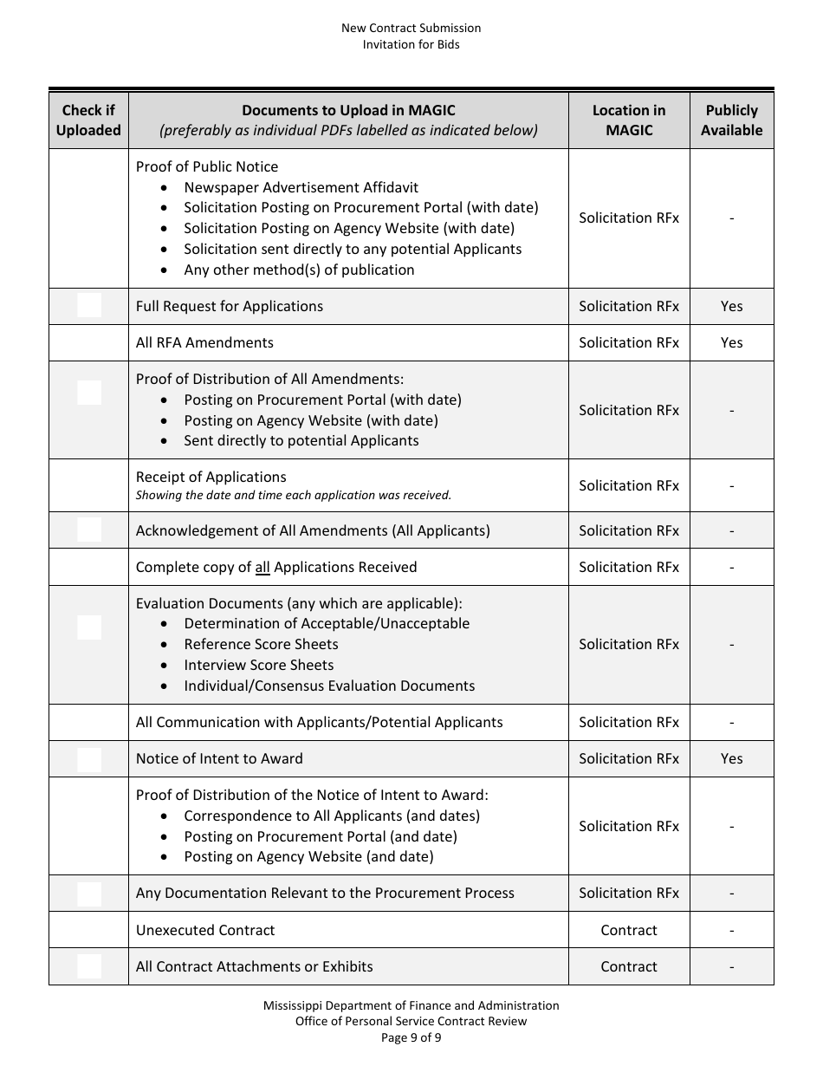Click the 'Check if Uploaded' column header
pos(88,120)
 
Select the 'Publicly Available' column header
pos(731,120)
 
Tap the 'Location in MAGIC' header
pos(629,120)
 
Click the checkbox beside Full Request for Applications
pos(89,306)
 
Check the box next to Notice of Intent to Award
pos(89,759)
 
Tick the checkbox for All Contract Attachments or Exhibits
pos(89,966)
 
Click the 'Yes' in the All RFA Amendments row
pos(731,342)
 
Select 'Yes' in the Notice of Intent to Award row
pos(731,758)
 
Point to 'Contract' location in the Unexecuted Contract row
pos(629,930)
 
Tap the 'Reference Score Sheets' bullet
pos(261,644)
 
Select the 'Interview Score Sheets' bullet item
pos(258,665)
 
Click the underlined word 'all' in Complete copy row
pos(262,568)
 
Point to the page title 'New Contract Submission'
pos(411,28)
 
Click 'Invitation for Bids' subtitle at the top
pos(411,44)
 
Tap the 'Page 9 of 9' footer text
pos(411,1037)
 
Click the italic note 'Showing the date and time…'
pos(293,496)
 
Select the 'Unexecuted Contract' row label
pos(205,930)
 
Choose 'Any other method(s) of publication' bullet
pos(299,270)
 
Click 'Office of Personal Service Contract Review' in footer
pos(411,1021)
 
